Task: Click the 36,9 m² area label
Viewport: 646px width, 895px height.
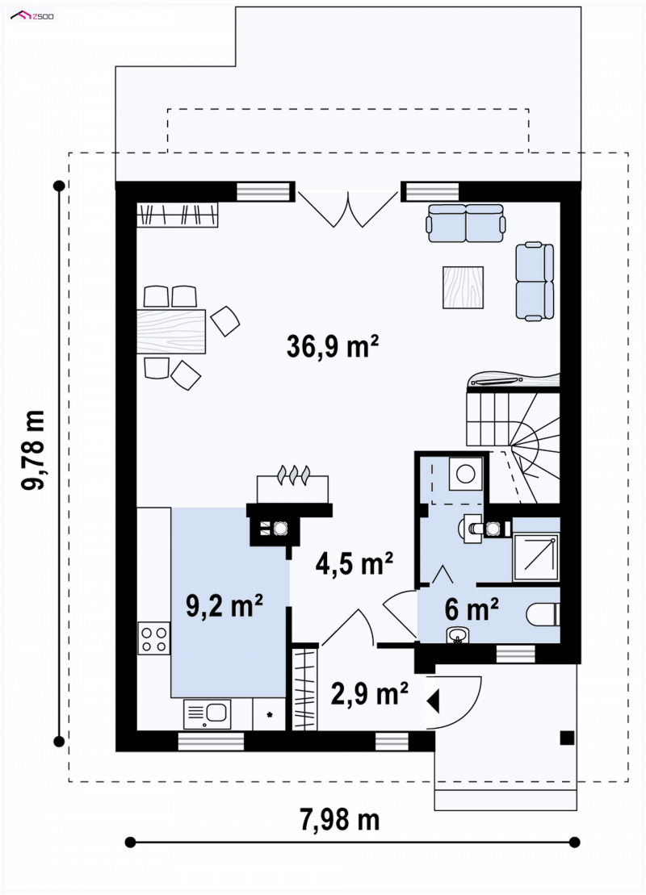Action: tap(333, 346)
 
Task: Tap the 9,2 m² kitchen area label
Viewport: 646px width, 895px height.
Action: tap(224, 605)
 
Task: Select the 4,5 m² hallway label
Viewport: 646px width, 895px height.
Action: tap(354, 563)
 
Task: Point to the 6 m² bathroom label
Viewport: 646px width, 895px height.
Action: tap(472, 609)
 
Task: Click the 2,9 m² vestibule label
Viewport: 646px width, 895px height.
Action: tap(370, 693)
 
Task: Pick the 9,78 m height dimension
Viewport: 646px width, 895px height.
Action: tap(32, 450)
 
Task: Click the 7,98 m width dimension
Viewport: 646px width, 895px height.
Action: tap(340, 820)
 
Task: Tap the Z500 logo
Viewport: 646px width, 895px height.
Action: tap(32, 16)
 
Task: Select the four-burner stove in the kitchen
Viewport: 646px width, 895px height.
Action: tap(154, 638)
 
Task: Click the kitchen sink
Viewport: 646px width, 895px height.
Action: tap(208, 713)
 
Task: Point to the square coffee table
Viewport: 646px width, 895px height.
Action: tap(463, 287)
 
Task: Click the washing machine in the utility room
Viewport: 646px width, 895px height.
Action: tap(466, 473)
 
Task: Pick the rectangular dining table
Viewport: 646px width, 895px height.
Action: tap(170, 332)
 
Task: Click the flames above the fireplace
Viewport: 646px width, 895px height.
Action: tap(293, 475)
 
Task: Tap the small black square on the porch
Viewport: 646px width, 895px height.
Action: tap(567, 738)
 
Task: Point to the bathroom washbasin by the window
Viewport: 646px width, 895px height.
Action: tap(458, 634)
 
